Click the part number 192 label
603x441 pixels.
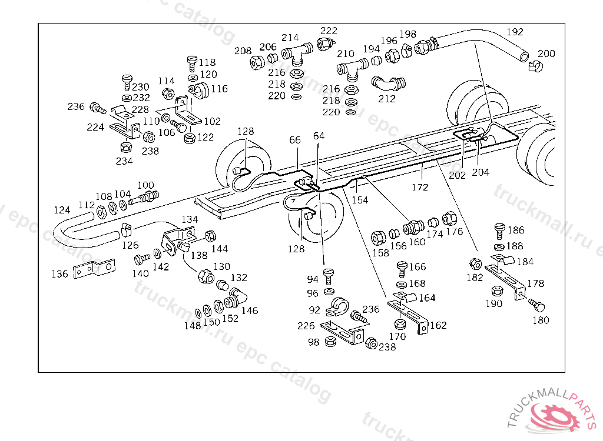tap(515, 32)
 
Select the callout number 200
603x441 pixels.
tap(546, 54)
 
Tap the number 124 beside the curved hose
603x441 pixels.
tap(62, 210)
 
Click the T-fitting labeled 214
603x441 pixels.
tap(301, 53)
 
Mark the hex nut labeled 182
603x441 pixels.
tap(475, 263)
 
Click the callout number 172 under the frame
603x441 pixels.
tap(420, 187)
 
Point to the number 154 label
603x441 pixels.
tap(359, 200)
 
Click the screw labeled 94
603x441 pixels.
tap(329, 274)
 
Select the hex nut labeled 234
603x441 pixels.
tap(124, 146)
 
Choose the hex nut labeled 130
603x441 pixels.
tap(206, 275)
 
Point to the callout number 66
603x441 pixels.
tap(295, 140)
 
